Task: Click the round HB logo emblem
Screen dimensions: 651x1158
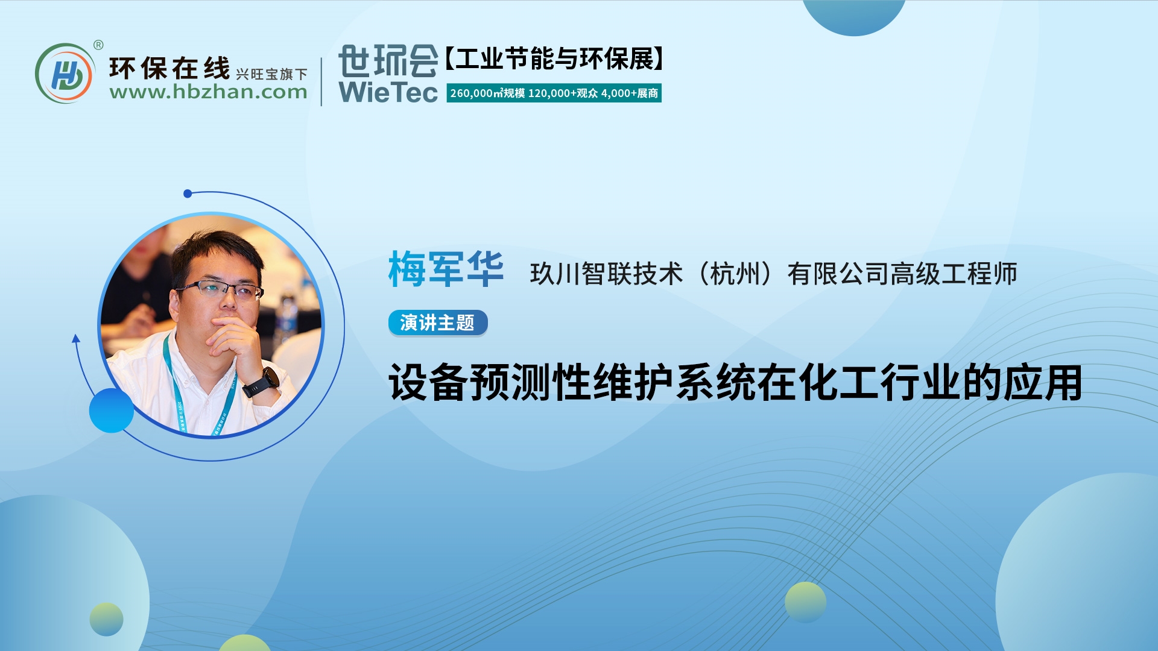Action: tap(65, 74)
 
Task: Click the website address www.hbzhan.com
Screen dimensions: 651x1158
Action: tap(208, 92)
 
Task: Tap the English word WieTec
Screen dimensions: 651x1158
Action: tap(388, 92)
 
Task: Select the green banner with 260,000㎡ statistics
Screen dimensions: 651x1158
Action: tap(554, 93)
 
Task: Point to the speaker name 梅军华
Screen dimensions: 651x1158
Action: tap(446, 269)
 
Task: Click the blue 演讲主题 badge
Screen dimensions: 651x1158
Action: tap(437, 322)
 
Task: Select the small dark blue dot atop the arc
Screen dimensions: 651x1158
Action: tap(188, 193)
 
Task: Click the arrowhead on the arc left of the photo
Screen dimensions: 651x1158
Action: tap(76, 339)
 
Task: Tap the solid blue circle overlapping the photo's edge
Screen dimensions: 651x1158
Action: tap(111, 410)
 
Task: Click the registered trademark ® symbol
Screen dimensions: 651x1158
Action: tap(98, 45)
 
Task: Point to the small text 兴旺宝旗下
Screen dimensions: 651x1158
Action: tap(271, 74)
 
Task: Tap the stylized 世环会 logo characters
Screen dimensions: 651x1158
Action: tap(388, 61)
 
